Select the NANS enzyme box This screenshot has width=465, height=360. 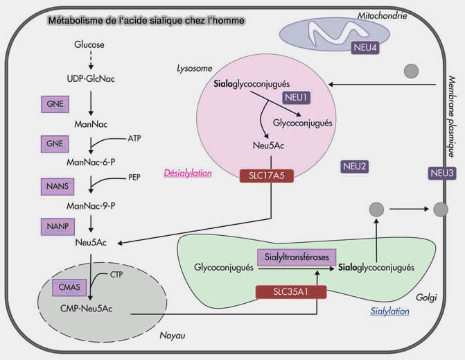55,187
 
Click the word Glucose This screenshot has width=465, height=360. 89,45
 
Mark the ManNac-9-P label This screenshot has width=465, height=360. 91,206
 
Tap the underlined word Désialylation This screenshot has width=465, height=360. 187,194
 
